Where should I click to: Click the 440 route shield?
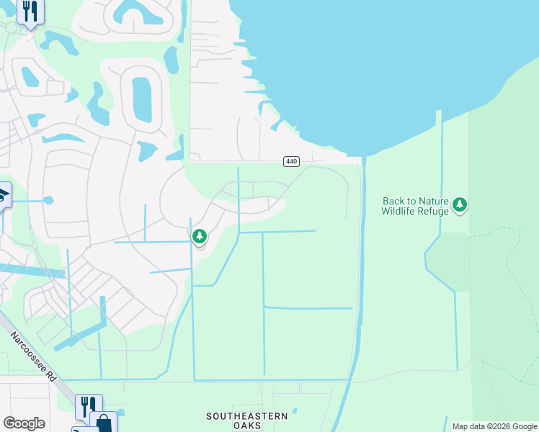click(291, 161)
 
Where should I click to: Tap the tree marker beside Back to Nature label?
click(460, 205)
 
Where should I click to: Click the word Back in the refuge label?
click(394, 202)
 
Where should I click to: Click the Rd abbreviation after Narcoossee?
click(50, 376)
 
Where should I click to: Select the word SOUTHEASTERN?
click(247, 416)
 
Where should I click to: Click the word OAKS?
click(247, 426)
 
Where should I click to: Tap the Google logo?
click(24, 423)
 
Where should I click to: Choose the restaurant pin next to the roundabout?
click(30, 11)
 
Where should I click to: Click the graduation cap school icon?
click(3, 194)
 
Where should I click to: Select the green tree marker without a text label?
click(200, 236)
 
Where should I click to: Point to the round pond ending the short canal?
click(48, 200)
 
